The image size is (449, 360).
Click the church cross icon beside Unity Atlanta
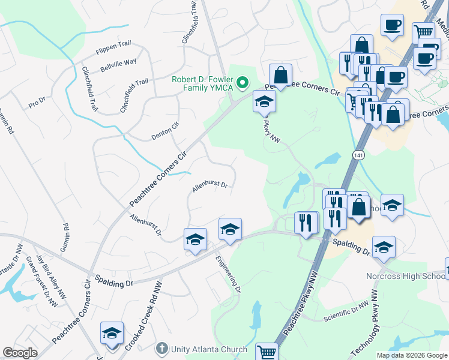161,349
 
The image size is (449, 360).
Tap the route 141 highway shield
358,155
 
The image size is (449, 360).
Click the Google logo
20,353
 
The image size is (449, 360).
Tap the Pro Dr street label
37,103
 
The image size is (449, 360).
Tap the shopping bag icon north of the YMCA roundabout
280,75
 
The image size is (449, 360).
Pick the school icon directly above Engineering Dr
230,229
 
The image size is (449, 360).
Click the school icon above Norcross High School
384,247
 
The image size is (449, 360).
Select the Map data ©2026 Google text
411,355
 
